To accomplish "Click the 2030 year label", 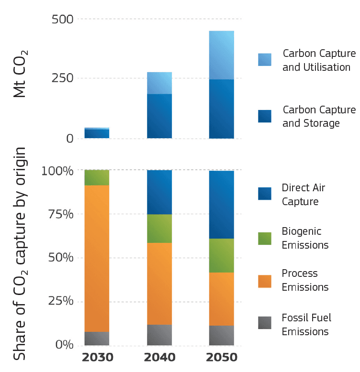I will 97,358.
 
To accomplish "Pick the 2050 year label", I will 222,358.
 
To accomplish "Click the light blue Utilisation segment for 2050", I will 222,55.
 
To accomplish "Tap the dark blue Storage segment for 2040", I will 159,116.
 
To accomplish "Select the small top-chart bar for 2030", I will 97,133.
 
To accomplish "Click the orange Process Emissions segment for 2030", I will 97,258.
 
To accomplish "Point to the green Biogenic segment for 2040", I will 159,229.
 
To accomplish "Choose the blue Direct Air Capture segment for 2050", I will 222,205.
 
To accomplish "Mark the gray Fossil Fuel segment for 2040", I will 159,335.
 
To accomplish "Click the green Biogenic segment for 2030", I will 97,177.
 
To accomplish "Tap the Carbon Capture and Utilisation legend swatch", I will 265,59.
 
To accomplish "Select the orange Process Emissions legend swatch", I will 265,281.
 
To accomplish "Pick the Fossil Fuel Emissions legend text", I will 306,325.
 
